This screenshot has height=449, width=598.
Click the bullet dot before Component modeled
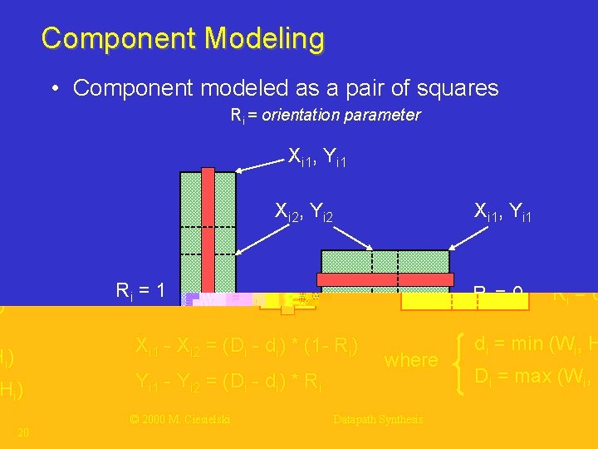pyautogui.click(x=53, y=89)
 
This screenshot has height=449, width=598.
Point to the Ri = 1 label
pyautogui.click(x=141, y=290)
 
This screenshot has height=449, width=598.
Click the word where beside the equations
pyautogui.click(x=410, y=361)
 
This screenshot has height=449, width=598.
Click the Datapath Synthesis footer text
pyautogui.click(x=378, y=420)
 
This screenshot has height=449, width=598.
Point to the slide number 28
pyautogui.click(x=23, y=432)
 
